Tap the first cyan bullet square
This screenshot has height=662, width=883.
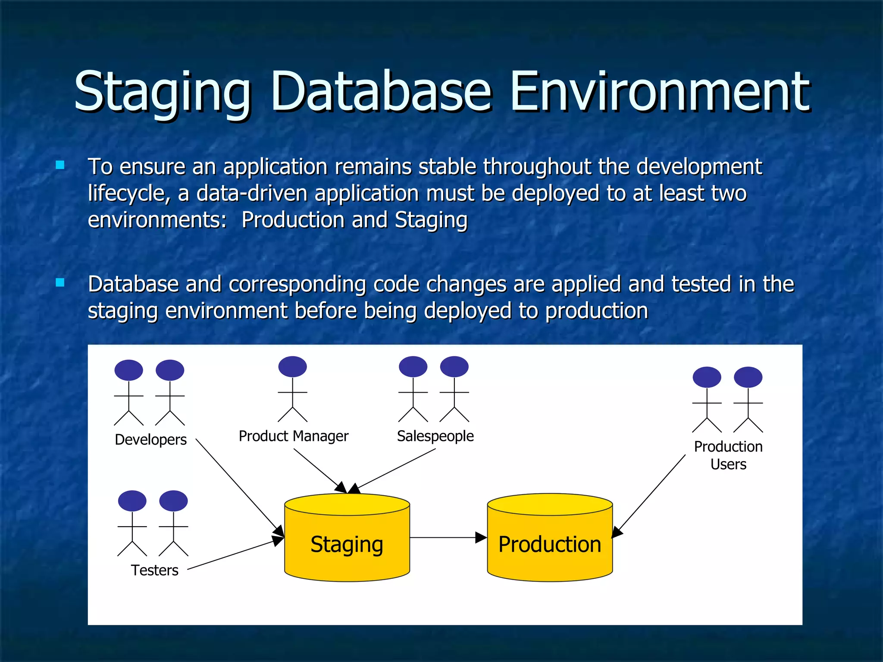tap(60, 165)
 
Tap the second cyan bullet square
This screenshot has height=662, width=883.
tap(60, 283)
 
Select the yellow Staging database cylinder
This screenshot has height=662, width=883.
tap(347, 539)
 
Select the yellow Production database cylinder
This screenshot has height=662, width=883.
tap(550, 539)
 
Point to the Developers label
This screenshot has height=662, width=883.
tap(151, 440)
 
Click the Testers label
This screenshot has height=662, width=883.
tap(154, 570)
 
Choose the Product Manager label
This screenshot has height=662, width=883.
tap(293, 436)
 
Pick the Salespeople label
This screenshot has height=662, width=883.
tap(435, 436)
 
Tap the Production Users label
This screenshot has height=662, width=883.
tap(728, 455)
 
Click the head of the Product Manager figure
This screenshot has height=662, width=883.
tap(292, 367)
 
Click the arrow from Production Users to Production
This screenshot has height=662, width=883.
tap(649, 496)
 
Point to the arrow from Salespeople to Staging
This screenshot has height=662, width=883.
tap(397, 469)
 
